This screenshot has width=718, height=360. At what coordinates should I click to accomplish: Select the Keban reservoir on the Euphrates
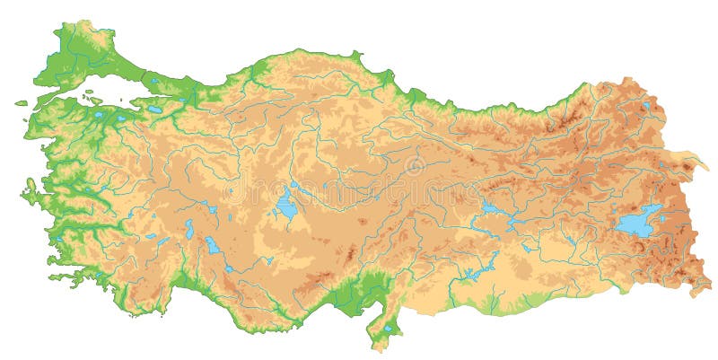point(493,210)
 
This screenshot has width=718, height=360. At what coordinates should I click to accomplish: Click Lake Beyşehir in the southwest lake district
point(214,245)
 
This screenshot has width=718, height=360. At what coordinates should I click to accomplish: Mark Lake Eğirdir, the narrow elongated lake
point(189,229)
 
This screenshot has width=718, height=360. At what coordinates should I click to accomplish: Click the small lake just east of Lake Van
point(666,208)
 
